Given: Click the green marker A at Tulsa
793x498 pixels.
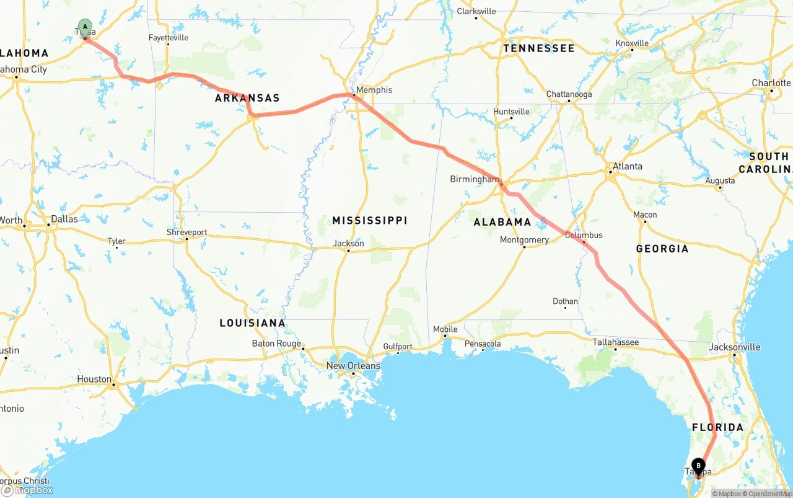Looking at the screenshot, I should click(85, 28).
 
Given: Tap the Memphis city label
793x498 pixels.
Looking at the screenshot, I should click(374, 90).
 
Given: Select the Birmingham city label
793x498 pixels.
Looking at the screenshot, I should click(474, 179).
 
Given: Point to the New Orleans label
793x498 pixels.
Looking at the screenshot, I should click(353, 366).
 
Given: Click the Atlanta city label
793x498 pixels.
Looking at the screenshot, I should click(627, 166).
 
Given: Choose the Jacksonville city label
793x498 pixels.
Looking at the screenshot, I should click(734, 347).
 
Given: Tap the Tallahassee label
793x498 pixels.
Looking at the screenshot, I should click(615, 342).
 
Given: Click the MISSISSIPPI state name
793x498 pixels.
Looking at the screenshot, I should click(369, 221).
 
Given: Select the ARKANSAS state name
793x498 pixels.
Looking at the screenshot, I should click(247, 98).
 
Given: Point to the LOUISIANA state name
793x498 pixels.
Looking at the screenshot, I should click(252, 323).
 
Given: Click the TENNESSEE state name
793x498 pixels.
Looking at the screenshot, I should click(538, 48).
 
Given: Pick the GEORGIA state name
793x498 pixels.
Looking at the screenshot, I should click(662, 249).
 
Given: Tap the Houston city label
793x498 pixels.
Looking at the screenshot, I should click(94, 379).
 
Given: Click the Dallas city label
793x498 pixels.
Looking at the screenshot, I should click(64, 219).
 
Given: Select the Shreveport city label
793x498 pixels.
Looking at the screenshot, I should click(186, 233).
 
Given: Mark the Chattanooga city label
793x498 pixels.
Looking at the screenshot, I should click(569, 94).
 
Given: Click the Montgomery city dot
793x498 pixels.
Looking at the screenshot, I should click(524, 247).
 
